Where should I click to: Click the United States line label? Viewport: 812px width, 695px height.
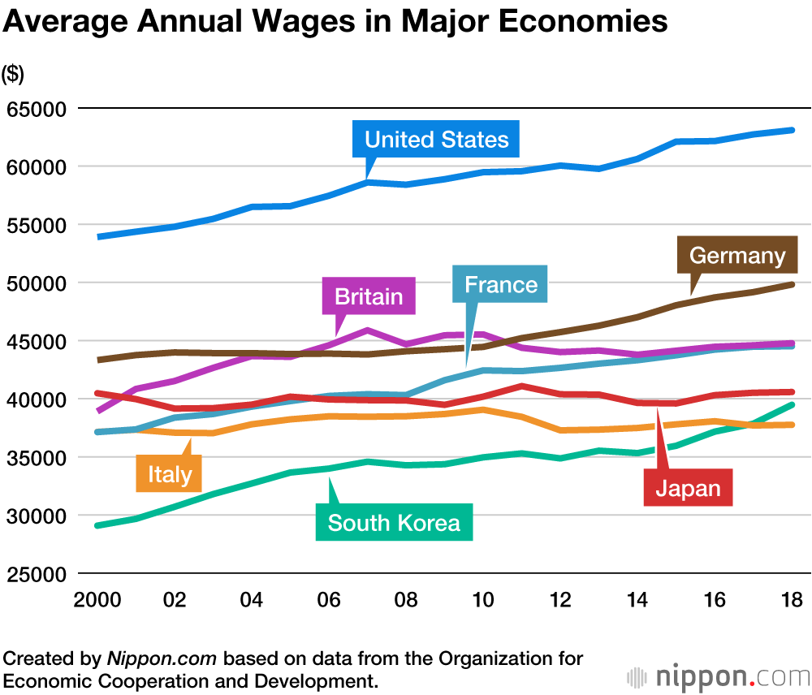436,139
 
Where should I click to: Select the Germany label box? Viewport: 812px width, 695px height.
737,256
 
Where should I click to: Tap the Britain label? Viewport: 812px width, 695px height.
369,296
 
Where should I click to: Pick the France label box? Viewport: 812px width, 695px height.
500,284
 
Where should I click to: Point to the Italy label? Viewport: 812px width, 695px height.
169,473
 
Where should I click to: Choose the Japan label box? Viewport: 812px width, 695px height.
688,488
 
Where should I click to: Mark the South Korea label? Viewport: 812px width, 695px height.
394,523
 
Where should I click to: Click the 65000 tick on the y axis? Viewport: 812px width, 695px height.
35,109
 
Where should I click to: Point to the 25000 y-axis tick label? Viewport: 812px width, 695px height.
35,574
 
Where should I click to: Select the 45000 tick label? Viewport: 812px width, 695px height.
35,341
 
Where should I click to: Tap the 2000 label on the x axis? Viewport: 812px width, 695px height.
97,601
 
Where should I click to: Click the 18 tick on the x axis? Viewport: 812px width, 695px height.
792,601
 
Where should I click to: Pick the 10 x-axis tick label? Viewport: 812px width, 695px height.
483,601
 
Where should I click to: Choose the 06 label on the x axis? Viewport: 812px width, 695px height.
329,601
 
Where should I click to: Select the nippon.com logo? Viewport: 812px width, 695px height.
718,676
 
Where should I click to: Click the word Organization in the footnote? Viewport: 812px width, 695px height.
507,658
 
